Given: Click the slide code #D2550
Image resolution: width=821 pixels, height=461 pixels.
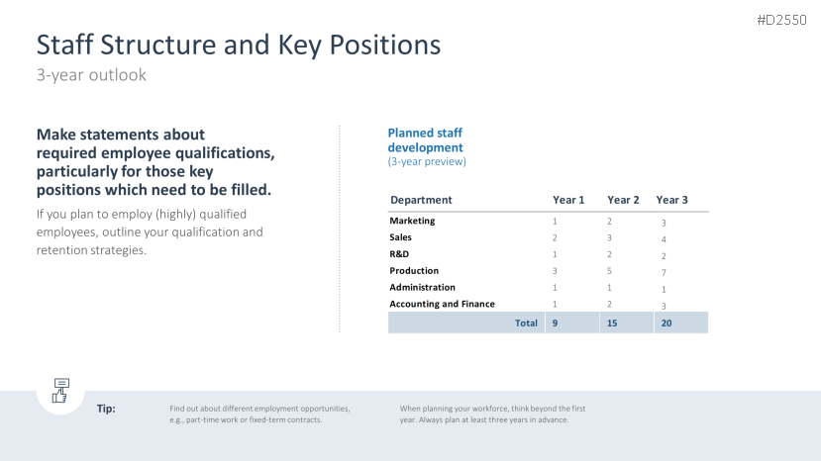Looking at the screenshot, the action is point(781,20).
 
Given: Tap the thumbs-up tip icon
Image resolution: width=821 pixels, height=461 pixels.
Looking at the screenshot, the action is point(60,391).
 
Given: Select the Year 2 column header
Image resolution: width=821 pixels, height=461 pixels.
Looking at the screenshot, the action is point(623,200).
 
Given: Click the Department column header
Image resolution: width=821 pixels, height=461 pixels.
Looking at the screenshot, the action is point(421,200).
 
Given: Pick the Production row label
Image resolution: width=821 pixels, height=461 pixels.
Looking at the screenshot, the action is point(414,270).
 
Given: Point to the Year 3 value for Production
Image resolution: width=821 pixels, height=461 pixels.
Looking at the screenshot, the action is point(664,273).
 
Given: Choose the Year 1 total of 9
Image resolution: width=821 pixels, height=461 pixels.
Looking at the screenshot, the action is point(555,323).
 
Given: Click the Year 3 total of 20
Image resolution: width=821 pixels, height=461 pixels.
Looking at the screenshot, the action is point(667,323).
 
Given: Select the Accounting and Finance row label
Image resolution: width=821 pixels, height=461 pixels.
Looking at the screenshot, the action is point(442,304).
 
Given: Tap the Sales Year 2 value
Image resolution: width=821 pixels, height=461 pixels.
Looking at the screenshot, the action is point(609,237).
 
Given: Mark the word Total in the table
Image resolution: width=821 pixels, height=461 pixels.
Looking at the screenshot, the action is point(526,323).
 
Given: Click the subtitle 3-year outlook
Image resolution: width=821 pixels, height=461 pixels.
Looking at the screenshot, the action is point(91,75).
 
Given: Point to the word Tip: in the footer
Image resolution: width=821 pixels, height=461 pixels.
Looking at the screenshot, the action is point(106,409).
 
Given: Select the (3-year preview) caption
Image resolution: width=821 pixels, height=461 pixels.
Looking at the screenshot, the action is point(427,161).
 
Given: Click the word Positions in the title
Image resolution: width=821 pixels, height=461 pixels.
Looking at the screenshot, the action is point(385,45).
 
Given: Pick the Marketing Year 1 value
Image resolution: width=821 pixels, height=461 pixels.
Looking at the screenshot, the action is point(555,222).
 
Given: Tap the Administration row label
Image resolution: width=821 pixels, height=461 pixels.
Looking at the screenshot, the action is point(422,287).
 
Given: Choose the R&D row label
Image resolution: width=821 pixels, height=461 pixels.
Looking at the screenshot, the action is point(399,254).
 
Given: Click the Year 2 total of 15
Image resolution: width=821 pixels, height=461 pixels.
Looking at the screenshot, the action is point(612,323).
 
